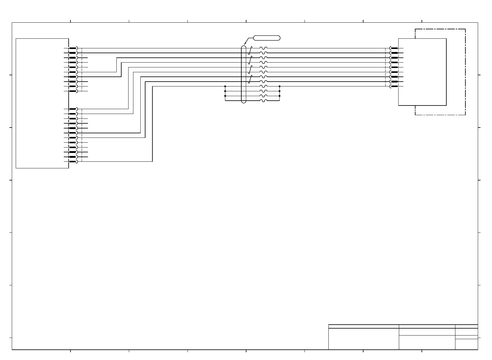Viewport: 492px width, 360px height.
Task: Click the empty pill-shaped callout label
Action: [x=266, y=38]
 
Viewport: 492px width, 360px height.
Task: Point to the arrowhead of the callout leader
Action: [x=244, y=44]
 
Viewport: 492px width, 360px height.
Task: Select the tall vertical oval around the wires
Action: [x=244, y=74]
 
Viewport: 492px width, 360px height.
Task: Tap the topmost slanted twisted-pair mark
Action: [x=250, y=50]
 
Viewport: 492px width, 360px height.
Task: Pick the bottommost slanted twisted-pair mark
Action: [x=250, y=79]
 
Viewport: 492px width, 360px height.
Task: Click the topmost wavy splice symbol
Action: [x=263, y=48]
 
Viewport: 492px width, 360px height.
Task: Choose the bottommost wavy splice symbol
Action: [x=263, y=101]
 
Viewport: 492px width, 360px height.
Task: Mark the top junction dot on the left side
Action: [x=225, y=86]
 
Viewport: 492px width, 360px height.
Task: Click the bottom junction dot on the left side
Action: [x=225, y=96]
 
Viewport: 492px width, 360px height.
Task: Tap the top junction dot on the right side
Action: [x=279, y=86]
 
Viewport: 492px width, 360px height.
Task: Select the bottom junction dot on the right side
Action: [x=279, y=96]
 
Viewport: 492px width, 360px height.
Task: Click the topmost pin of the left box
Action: [x=73, y=48]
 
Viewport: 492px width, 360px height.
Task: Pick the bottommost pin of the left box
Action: [x=73, y=162]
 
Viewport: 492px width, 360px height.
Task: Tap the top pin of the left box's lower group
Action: [x=73, y=109]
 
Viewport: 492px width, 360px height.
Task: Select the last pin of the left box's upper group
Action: [x=73, y=91]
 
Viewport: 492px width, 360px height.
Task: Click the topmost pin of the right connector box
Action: [x=394, y=48]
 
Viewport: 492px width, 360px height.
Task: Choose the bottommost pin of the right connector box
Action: [x=394, y=86]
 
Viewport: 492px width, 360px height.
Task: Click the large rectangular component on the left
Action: [x=42, y=103]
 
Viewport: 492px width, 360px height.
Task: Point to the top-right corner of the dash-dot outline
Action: [x=465, y=29]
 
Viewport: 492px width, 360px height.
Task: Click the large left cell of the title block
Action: [x=363, y=339]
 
